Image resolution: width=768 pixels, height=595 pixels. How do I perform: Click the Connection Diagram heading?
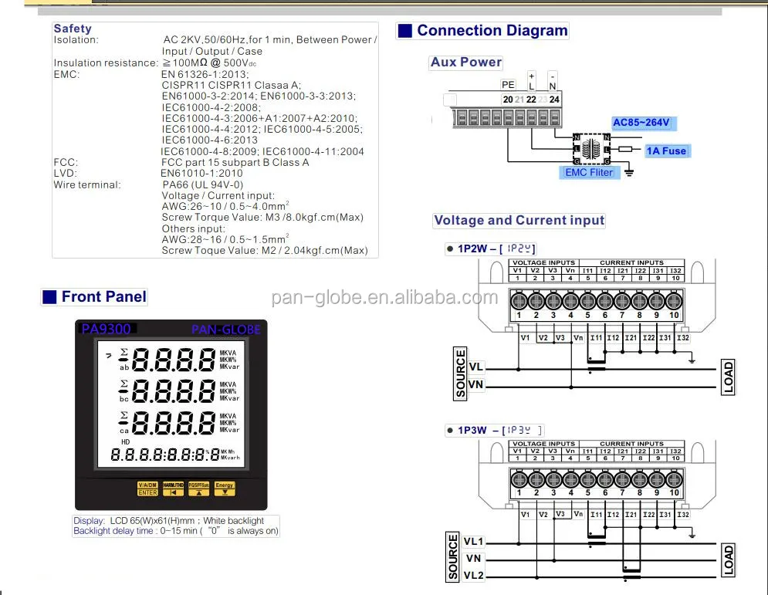point(492,31)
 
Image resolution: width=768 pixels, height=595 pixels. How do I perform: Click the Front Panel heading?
point(103,296)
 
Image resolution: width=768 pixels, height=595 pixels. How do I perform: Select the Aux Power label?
point(466,63)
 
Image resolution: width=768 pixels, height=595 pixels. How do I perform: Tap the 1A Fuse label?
point(667,151)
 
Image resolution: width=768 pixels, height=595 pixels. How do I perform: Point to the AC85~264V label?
point(641,123)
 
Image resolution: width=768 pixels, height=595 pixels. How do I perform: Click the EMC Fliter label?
point(589,172)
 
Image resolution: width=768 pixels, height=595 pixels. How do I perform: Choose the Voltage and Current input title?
point(519,221)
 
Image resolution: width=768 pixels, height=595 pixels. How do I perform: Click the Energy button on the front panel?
point(224,489)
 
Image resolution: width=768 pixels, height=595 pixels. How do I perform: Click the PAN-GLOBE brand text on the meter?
point(225,330)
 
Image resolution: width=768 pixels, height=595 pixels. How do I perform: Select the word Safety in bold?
point(73,29)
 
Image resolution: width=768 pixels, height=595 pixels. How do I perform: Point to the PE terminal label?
point(508,85)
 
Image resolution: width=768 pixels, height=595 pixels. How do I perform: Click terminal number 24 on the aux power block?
point(554,100)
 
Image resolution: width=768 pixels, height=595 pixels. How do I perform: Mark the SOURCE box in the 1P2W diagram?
point(461,374)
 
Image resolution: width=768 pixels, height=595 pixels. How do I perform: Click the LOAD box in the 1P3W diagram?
point(728,560)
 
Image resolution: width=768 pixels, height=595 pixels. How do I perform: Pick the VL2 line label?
point(473,575)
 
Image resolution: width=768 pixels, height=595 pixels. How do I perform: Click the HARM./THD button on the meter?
point(173,489)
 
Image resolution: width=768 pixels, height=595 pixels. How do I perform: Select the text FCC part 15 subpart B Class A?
point(235,163)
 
